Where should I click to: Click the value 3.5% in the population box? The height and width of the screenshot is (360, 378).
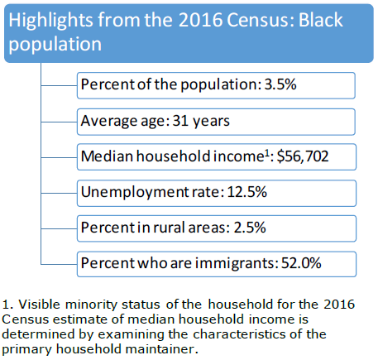(280, 84)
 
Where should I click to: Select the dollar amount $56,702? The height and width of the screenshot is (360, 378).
(303, 156)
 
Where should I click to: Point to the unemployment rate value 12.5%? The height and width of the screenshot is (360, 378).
(247, 192)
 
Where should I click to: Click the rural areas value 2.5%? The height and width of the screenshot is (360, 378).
(250, 228)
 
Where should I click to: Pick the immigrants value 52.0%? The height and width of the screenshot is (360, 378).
(301, 263)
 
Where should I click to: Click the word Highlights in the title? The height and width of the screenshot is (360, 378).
(50, 22)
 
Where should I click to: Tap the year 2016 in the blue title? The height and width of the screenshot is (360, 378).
(200, 20)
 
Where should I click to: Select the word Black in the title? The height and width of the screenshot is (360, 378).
(321, 20)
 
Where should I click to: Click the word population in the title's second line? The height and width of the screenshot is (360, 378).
(55, 45)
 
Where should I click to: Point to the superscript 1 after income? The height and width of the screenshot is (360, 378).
(266, 153)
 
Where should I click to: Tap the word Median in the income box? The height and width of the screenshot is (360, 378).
(108, 156)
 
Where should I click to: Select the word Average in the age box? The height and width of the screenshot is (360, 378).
(109, 122)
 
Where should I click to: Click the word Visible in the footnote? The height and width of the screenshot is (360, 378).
(39, 305)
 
